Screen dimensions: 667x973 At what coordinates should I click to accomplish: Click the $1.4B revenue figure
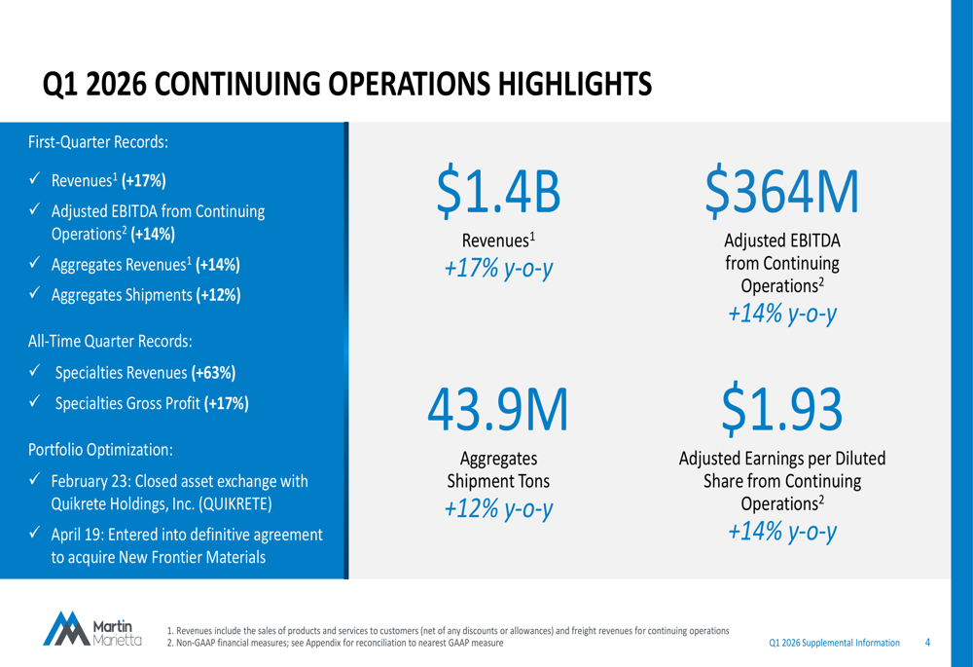point(500,191)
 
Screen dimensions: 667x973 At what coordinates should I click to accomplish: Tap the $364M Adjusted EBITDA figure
point(783,191)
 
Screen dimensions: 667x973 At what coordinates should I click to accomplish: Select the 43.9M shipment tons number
point(499,409)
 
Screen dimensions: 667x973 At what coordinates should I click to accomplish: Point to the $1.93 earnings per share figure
point(782,409)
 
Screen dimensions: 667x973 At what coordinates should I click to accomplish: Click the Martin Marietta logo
point(93,628)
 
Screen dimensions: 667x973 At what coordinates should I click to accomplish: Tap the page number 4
point(927,643)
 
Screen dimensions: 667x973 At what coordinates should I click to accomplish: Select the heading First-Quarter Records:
point(98,141)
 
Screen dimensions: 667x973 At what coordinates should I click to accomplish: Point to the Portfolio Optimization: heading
point(101,450)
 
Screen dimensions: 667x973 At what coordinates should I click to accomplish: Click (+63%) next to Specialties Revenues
point(213,373)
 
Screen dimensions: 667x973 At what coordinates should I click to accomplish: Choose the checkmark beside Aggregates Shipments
point(34,295)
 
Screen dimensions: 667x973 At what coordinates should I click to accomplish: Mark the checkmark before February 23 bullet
point(34,481)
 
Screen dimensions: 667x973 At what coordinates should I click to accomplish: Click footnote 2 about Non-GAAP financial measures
point(336,644)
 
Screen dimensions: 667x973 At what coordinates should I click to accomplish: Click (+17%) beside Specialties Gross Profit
point(227,403)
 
